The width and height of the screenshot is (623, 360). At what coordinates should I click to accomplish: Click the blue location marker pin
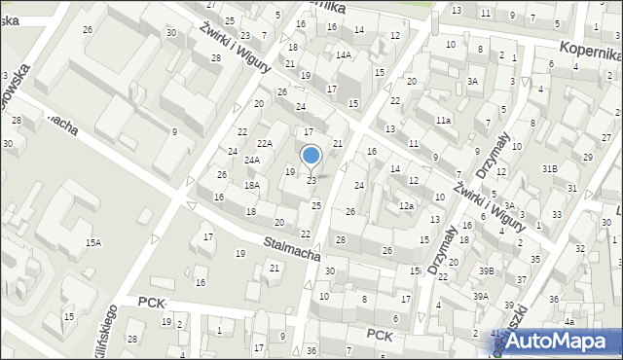(311, 156)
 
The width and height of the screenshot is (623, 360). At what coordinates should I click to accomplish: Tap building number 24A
(251, 161)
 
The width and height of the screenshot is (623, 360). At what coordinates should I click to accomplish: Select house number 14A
(344, 55)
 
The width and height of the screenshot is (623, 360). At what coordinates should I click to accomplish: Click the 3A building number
(472, 82)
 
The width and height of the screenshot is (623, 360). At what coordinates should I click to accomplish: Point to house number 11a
(443, 120)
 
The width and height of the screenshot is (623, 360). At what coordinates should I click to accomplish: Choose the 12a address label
(406, 205)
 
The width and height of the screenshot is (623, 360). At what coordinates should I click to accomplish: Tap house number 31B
(550, 169)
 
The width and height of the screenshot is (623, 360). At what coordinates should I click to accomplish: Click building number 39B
(485, 271)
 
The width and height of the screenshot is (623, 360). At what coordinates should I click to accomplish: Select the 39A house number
(481, 296)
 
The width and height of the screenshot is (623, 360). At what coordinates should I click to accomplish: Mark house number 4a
(570, 321)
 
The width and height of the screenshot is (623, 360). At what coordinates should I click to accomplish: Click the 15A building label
(92, 243)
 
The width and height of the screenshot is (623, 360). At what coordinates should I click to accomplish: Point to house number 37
(521, 280)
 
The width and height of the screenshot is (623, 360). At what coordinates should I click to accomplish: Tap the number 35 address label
(535, 259)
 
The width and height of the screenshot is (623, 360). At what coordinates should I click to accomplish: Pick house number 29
(587, 157)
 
